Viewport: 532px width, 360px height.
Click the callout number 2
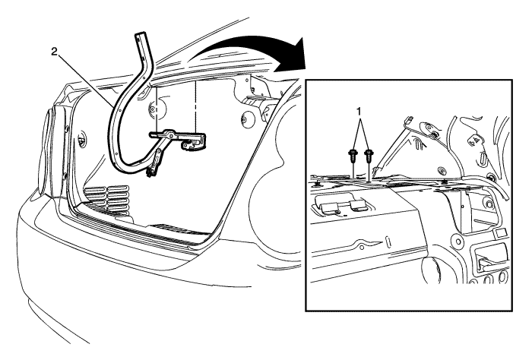[x=54, y=52]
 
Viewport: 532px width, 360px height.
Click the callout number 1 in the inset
[x=359, y=111]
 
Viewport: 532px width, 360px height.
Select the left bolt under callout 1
[x=353, y=157]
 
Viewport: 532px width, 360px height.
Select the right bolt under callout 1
[x=368, y=157]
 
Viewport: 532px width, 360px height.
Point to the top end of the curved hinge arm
[x=141, y=35]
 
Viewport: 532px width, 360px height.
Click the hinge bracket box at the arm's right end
[x=194, y=141]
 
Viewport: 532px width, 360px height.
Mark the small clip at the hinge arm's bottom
[x=149, y=174]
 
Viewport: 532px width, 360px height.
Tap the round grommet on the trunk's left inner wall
[x=82, y=137]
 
